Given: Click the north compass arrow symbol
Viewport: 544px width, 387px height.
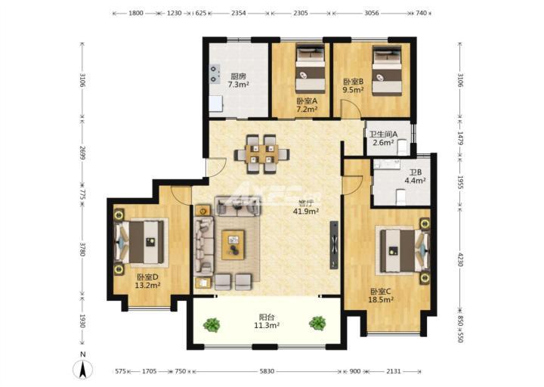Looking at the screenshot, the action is [x=82, y=370].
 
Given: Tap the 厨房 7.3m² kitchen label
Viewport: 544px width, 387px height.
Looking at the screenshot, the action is [x=238, y=80].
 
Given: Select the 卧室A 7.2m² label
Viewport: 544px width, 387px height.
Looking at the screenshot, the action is [x=307, y=105].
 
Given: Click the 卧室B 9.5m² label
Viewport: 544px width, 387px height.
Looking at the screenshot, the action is [x=353, y=85].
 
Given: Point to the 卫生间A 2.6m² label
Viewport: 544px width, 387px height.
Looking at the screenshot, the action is [x=383, y=138].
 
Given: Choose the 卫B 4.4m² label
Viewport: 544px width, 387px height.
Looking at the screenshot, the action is [x=415, y=176].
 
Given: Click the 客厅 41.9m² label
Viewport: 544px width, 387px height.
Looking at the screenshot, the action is [x=306, y=207].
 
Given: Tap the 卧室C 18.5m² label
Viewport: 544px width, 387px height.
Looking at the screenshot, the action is [x=381, y=296].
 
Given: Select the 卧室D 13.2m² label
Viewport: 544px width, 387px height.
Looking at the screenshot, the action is [x=147, y=281].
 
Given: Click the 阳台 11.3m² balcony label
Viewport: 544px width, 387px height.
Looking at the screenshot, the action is [x=267, y=321].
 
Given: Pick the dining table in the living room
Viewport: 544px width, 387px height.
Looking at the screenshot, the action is [x=261, y=154].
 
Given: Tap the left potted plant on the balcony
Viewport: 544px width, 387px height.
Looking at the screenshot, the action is [x=212, y=324].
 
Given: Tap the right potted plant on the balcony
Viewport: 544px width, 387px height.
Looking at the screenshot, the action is [x=317, y=324].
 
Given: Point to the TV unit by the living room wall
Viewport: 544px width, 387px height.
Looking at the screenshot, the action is [x=334, y=245].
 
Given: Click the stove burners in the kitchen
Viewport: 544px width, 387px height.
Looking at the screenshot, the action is [x=214, y=74].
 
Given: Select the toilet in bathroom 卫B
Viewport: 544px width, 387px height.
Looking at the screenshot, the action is [x=400, y=197].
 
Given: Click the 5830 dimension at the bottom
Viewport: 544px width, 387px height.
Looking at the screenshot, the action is [x=267, y=371].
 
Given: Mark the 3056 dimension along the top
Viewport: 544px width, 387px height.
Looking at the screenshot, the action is [x=372, y=13].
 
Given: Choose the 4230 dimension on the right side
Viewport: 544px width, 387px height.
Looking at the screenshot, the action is [x=460, y=259].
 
